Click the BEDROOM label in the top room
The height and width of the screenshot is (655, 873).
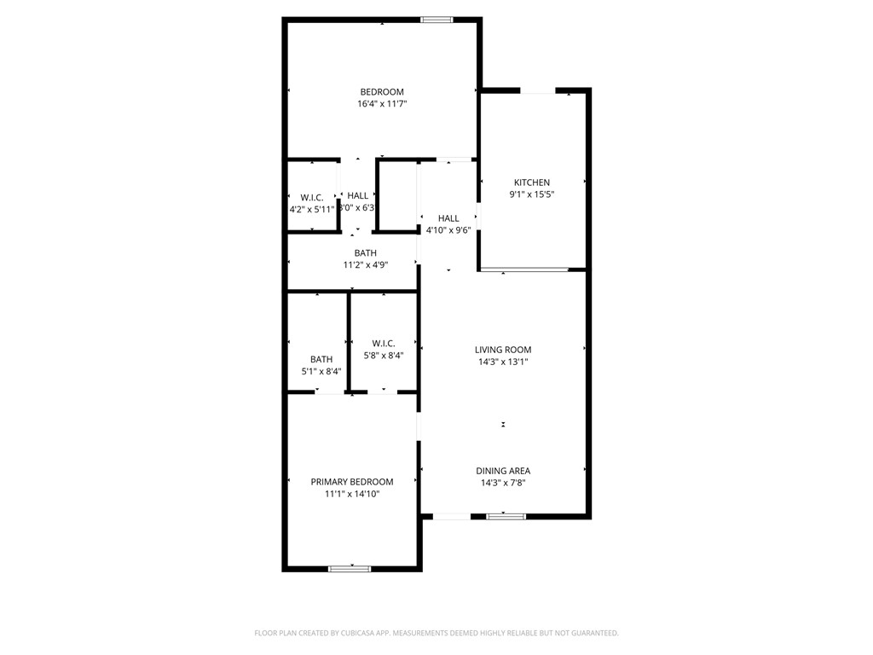pos(382,92)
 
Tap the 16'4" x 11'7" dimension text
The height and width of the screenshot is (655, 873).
pos(382,104)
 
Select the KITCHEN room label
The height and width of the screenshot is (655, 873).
pos(531,183)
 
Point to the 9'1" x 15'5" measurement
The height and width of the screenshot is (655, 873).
pos(531,194)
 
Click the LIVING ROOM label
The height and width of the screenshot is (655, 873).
pos(503,350)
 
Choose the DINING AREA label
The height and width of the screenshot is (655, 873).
pos(503,471)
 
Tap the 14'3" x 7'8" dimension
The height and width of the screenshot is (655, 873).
pos(503,483)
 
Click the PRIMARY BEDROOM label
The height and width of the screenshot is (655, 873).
pos(352,482)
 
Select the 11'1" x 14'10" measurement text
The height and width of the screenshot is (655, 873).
pos(352,494)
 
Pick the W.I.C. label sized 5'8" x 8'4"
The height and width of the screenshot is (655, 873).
pos(384,344)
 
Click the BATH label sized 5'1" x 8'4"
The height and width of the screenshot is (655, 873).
pos(321,360)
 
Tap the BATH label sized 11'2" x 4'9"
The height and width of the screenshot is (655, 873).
pos(366,253)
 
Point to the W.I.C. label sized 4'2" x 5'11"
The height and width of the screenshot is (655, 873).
pos(312,197)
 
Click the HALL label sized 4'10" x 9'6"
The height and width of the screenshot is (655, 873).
pos(448,218)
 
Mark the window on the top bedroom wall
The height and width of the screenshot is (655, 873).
pos(436,20)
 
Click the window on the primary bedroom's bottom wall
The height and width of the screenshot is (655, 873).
pos(350,568)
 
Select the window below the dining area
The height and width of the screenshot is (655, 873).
pos(506,515)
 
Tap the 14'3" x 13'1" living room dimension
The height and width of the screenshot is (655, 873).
pos(503,362)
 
